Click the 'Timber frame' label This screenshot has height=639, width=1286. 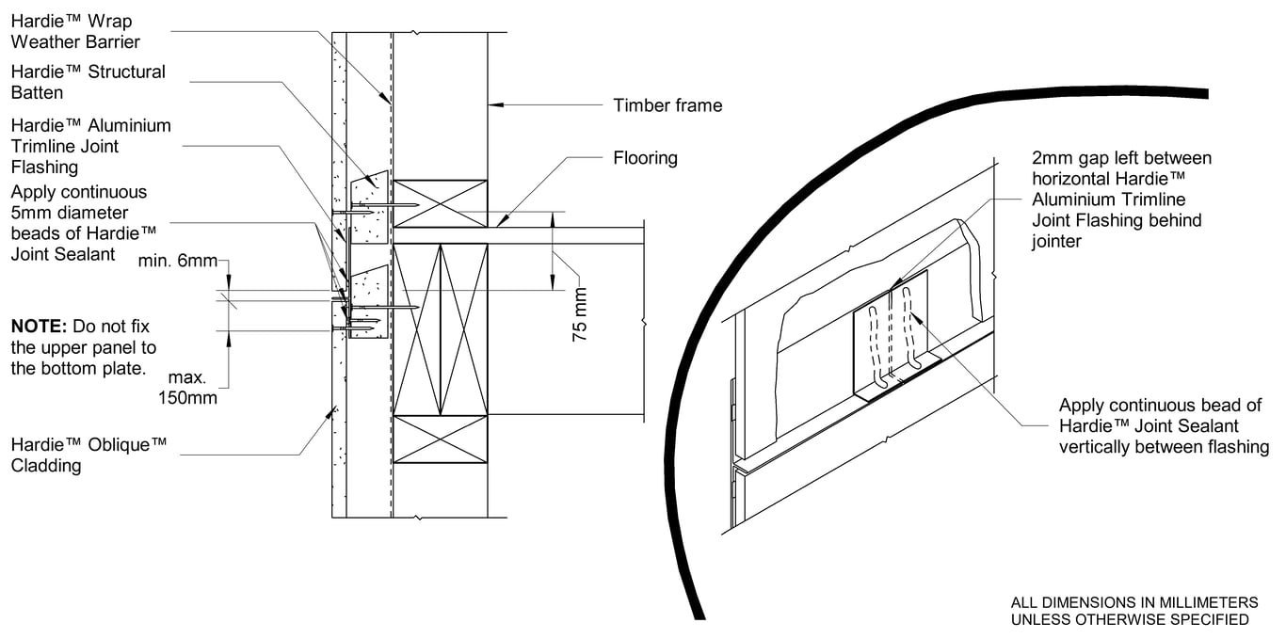pyautogui.click(x=667, y=105)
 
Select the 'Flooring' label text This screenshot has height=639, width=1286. pyautogui.click(x=645, y=158)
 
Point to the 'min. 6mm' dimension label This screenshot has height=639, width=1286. pyautogui.click(x=177, y=261)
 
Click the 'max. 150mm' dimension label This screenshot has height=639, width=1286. pyautogui.click(x=188, y=388)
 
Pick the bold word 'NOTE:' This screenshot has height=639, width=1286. pyautogui.click(x=38, y=327)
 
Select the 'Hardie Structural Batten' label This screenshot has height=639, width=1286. pyautogui.click(x=88, y=82)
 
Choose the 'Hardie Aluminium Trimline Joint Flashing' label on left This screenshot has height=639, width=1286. pyautogui.click(x=90, y=146)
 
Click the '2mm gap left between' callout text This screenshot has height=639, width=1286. pyautogui.click(x=1121, y=158)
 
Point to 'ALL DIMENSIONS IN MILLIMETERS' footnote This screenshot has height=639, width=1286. pyautogui.click(x=1133, y=602)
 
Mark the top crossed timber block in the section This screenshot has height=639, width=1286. pyautogui.click(x=441, y=203)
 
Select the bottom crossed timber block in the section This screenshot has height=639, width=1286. pyautogui.click(x=441, y=439)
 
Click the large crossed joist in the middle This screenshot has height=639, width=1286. pyautogui.click(x=441, y=327)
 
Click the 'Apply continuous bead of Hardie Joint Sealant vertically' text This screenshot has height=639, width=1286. pyautogui.click(x=1164, y=426)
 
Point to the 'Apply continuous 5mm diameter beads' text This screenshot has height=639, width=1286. pyautogui.click(x=79, y=222)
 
